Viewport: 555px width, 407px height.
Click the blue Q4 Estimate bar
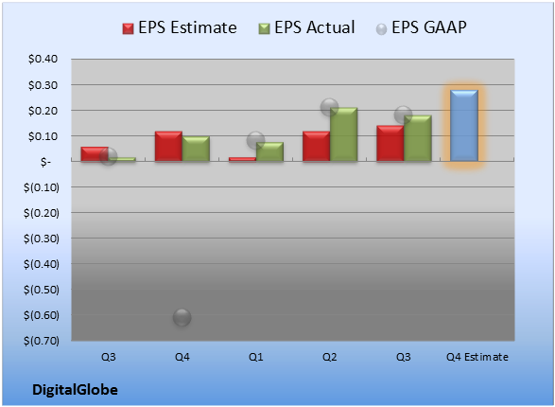(x=464, y=126)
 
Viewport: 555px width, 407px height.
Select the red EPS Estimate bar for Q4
(x=168, y=147)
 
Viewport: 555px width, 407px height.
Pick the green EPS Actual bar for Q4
(x=196, y=149)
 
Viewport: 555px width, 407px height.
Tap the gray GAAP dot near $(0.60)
(x=182, y=317)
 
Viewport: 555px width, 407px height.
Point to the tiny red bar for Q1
(x=242, y=159)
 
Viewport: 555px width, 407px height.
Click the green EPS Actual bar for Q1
(x=269, y=152)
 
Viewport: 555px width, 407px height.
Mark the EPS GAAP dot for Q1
(x=255, y=141)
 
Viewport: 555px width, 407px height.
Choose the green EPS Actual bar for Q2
(x=344, y=134)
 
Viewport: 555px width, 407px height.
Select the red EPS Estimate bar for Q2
(x=316, y=147)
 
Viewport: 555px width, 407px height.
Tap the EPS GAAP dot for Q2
(x=329, y=107)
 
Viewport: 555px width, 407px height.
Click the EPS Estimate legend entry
(x=180, y=27)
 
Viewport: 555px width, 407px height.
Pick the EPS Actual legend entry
(x=306, y=27)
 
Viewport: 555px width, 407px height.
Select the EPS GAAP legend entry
(x=421, y=27)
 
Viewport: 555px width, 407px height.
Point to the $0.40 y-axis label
(x=43, y=59)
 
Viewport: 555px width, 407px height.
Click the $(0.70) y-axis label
(x=42, y=341)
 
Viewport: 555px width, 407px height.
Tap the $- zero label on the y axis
(x=45, y=162)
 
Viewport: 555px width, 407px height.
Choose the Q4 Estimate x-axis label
(x=477, y=357)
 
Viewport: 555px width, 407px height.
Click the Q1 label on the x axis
(x=255, y=357)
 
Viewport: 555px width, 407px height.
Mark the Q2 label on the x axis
(x=330, y=357)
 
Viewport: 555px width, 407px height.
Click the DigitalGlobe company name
(x=75, y=390)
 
